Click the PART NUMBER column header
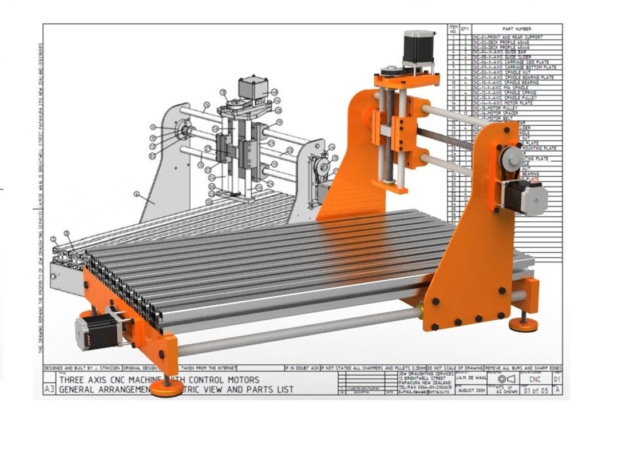click(516, 29)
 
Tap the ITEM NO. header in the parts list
click(453, 29)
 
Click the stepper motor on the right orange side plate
click(526, 197)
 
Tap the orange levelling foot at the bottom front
click(167, 388)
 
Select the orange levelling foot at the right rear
click(524, 325)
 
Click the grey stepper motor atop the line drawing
click(250, 87)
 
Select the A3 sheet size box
click(50, 389)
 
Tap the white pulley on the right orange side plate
click(512, 157)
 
